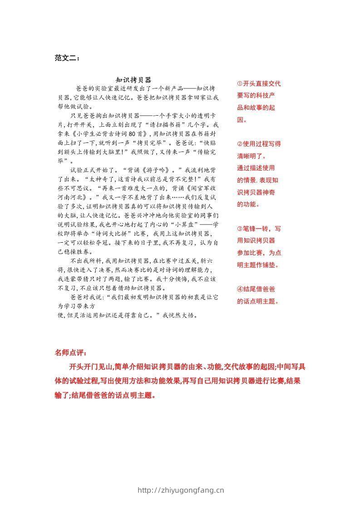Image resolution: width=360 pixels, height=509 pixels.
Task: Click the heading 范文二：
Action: [x=67, y=58]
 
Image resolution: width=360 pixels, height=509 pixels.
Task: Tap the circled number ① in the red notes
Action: [x=240, y=83]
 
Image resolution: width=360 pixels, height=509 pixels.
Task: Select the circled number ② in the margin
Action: [x=240, y=144]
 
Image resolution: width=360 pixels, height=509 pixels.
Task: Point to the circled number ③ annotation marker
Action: [x=240, y=228]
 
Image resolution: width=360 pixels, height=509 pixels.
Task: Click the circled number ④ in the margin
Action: [x=240, y=289]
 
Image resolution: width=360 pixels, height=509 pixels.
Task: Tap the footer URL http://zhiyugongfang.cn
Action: [x=180, y=489]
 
